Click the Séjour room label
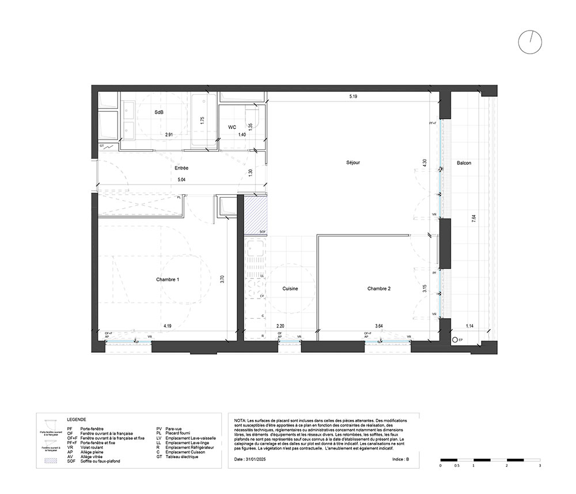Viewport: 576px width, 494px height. [354, 163]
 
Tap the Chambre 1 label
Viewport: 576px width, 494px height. [168, 280]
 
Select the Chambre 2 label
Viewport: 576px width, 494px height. [379, 288]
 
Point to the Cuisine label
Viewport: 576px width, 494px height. [290, 288]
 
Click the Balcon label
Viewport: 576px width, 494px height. [464, 163]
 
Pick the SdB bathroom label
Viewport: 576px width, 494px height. [159, 112]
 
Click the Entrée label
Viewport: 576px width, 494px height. [181, 168]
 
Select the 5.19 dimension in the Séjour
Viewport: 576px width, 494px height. [353, 96]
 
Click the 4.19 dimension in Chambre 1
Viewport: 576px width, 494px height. [167, 326]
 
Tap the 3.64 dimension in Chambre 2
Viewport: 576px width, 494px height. [379, 326]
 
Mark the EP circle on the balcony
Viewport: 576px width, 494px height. [455, 341]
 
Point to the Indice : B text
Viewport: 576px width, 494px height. [399, 460]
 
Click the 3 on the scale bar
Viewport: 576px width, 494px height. [539, 465]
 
